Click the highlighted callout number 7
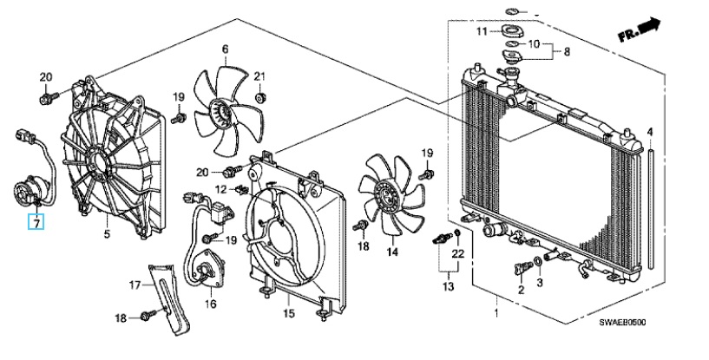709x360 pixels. tap(36, 222)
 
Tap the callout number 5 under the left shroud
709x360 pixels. tap(107, 234)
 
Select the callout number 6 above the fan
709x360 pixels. tap(225, 49)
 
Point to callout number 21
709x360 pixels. tap(259, 76)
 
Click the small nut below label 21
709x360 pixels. tap(260, 98)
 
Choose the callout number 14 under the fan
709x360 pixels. tap(392, 252)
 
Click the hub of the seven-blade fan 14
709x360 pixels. tap(388, 195)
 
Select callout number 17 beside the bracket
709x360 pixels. tap(135, 285)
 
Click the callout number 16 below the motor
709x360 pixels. tap(211, 304)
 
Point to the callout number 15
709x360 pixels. tap(288, 313)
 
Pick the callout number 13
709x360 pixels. tap(448, 286)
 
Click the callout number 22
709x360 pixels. tap(458, 254)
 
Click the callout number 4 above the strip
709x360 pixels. tap(650, 133)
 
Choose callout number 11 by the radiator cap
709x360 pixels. tap(482, 31)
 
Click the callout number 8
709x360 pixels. tap(567, 51)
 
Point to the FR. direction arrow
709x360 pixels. tap(639, 29)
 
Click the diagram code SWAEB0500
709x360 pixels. tap(622, 323)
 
